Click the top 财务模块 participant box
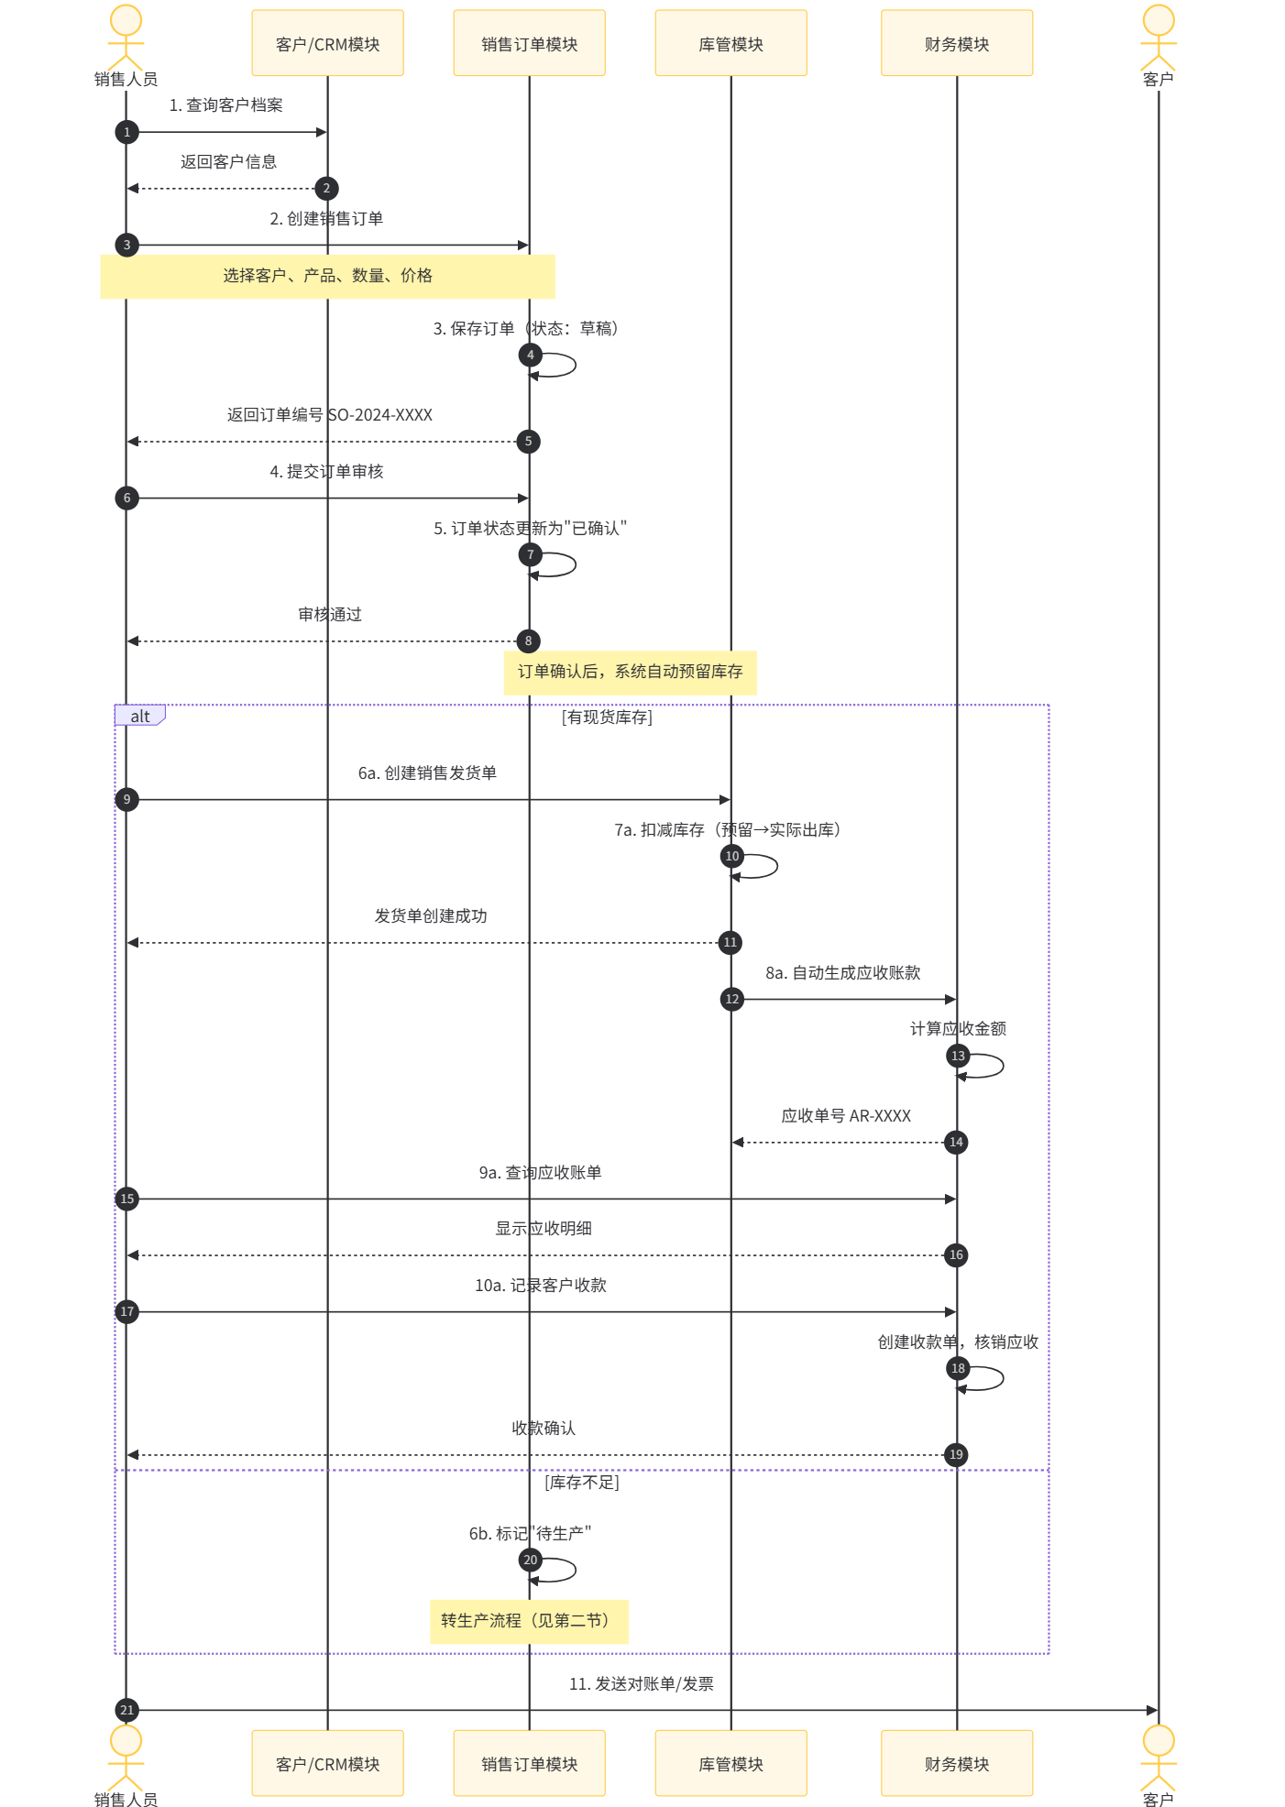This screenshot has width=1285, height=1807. tap(956, 43)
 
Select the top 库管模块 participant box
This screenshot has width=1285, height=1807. tap(730, 43)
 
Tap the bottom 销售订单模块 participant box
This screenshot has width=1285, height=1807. tap(529, 1763)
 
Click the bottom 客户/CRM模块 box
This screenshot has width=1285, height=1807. tap(327, 1763)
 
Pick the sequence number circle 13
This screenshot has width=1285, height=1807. tap(958, 1056)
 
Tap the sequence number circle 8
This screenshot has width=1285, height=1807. tap(528, 641)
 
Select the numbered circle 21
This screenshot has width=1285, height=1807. tap(126, 1710)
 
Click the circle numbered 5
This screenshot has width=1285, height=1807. tap(528, 441)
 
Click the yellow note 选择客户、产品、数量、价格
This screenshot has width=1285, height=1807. tap(327, 276)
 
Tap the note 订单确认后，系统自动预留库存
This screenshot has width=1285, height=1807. tap(630, 672)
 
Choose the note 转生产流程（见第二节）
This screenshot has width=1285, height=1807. tap(529, 1621)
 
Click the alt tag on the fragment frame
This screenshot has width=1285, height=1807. tap(139, 716)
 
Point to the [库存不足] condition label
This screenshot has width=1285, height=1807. tap(582, 1482)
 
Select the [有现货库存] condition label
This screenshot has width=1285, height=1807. tap(607, 717)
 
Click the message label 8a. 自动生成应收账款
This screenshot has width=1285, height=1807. tap(843, 972)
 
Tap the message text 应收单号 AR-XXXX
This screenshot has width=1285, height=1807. tap(846, 1115)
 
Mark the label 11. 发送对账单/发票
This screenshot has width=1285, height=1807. tap(642, 1683)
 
